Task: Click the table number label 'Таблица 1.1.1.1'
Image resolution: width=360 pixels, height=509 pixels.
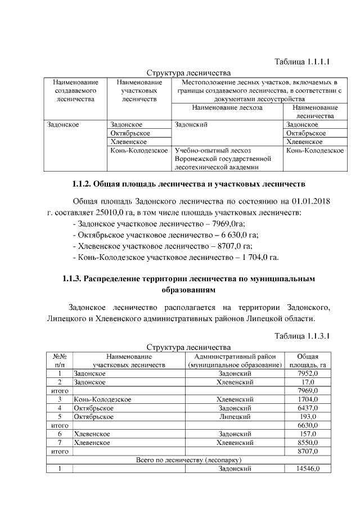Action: point(301,61)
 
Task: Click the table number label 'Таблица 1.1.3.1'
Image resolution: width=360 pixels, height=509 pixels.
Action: point(301,336)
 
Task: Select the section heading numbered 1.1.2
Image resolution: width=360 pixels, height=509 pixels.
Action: point(188,183)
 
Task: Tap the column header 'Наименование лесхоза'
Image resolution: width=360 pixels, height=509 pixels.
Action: point(227,107)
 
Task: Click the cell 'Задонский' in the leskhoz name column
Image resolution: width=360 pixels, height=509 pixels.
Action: point(191,124)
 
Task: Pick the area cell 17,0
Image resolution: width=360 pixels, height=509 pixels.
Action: point(308,382)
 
